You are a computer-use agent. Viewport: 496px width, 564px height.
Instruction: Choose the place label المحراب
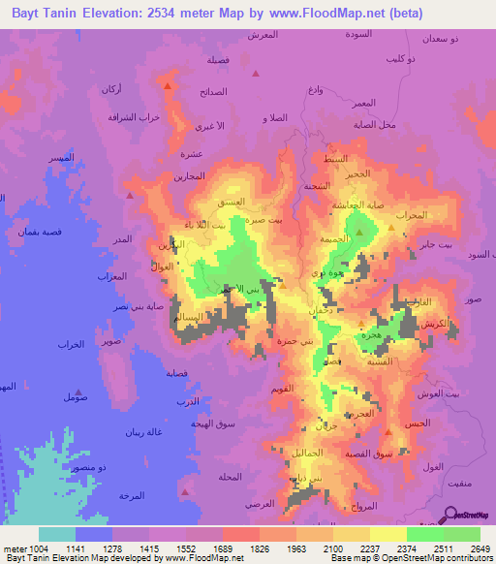coord(412,214)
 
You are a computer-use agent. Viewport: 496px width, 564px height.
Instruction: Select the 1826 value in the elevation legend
coord(260,548)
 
